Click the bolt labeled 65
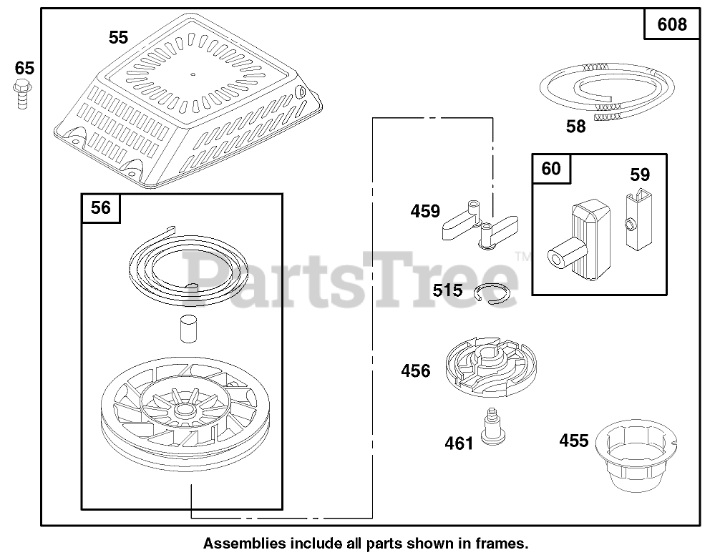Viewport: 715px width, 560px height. pyautogui.click(x=21, y=94)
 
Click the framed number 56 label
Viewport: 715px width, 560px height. pyautogui.click(x=101, y=207)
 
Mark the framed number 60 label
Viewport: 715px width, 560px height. pyautogui.click(x=551, y=169)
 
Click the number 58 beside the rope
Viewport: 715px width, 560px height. pyautogui.click(x=575, y=127)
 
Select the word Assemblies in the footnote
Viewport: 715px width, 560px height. pyautogui.click(x=236, y=543)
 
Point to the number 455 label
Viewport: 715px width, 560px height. pyautogui.click(x=573, y=440)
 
